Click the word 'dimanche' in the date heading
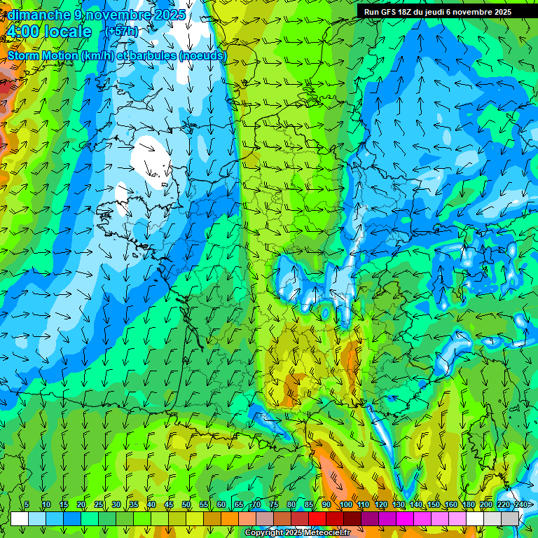[39, 15]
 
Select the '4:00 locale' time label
[49, 32]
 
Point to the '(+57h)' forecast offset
[122, 32]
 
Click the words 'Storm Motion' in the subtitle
[43, 55]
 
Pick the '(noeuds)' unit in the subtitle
[203, 55]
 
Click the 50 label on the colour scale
[186, 504]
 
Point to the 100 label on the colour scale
[345, 504]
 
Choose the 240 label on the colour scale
[520, 504]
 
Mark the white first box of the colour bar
[20, 518]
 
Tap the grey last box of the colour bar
[510, 518]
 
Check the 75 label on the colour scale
[274, 504]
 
